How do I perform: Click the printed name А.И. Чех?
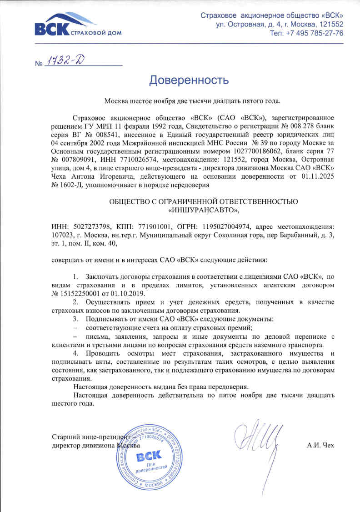tap(320, 446)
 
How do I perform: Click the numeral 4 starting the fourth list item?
tap(75, 353)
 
